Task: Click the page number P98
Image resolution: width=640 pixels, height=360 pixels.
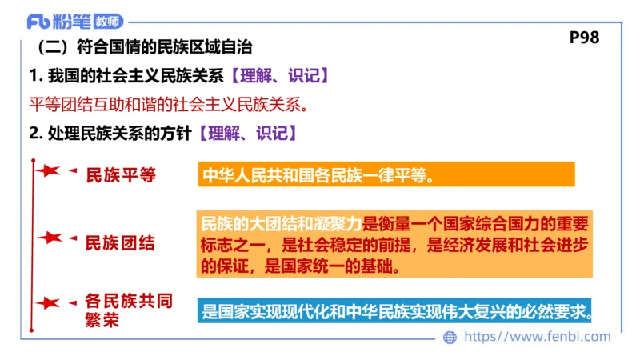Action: click(x=584, y=38)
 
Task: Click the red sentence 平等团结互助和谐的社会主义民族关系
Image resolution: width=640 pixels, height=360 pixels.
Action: click(x=168, y=105)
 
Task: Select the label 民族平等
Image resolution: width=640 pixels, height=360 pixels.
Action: click(x=120, y=175)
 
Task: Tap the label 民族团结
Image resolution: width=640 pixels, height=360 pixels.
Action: click(x=120, y=242)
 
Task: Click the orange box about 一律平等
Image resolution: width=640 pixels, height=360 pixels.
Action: click(x=386, y=175)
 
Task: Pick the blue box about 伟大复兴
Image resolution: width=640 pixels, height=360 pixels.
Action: click(x=398, y=310)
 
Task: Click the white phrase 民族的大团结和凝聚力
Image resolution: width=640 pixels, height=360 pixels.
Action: click(x=282, y=223)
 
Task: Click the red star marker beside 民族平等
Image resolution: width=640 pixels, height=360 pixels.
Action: click(x=48, y=172)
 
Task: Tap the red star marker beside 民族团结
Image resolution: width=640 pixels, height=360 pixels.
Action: click(x=50, y=238)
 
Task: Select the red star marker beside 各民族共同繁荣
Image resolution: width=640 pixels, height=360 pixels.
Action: click(x=48, y=303)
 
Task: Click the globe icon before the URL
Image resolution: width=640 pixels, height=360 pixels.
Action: click(x=450, y=338)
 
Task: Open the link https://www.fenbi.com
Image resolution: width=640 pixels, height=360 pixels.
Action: click(x=537, y=337)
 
